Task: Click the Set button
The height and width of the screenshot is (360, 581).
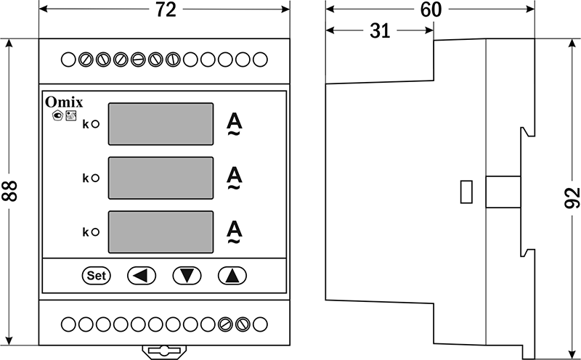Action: (96, 275)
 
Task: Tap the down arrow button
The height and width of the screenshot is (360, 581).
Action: (187, 275)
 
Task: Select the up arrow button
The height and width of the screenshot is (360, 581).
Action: (232, 275)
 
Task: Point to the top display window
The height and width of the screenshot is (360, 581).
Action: (161, 124)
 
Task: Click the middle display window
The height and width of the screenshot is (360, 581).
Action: (161, 178)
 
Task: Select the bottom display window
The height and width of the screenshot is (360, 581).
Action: (161, 232)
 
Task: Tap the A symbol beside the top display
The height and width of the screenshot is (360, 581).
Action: (234, 123)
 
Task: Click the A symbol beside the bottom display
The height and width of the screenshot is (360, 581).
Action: (234, 232)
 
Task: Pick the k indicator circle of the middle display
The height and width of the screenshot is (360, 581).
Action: (95, 178)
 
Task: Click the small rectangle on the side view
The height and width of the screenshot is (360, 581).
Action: (467, 192)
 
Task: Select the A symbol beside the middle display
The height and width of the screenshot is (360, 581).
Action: (234, 178)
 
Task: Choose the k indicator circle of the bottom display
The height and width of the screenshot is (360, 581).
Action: (95, 232)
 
